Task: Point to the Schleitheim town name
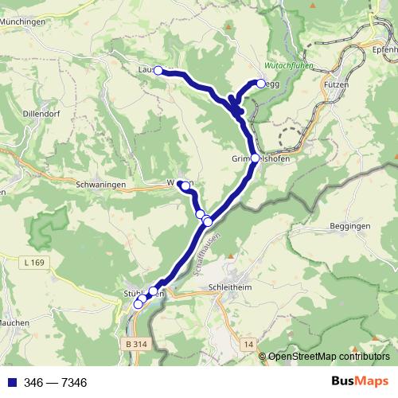[x=229, y=286]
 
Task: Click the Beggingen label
[x=346, y=226]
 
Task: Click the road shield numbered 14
[x=249, y=344]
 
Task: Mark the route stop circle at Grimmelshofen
[x=255, y=158]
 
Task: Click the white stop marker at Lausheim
[x=158, y=70]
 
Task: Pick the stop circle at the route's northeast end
[x=261, y=83]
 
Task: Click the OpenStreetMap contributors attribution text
[x=328, y=357]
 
